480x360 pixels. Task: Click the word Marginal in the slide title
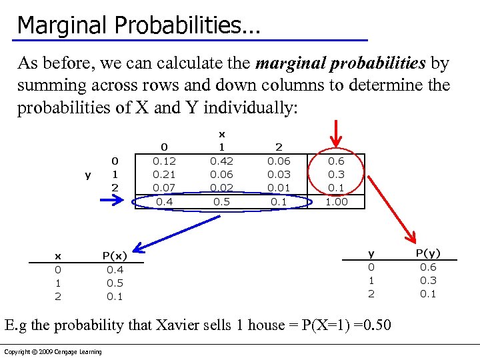coord(63,25)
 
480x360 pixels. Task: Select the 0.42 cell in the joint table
coord(222,161)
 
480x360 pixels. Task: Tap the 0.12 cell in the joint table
coord(164,161)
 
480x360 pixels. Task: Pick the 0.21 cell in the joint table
coord(164,174)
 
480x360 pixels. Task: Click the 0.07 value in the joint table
coord(164,187)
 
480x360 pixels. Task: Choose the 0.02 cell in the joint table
coord(222,187)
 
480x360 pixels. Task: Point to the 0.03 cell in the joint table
coord(279,174)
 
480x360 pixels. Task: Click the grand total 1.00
coord(336,201)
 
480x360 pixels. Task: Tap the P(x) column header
coord(115,256)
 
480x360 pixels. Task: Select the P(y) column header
coord(428,253)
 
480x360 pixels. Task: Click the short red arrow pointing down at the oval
coord(337,134)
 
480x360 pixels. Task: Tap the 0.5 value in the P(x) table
coord(115,283)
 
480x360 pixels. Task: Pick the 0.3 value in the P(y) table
coord(428,281)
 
